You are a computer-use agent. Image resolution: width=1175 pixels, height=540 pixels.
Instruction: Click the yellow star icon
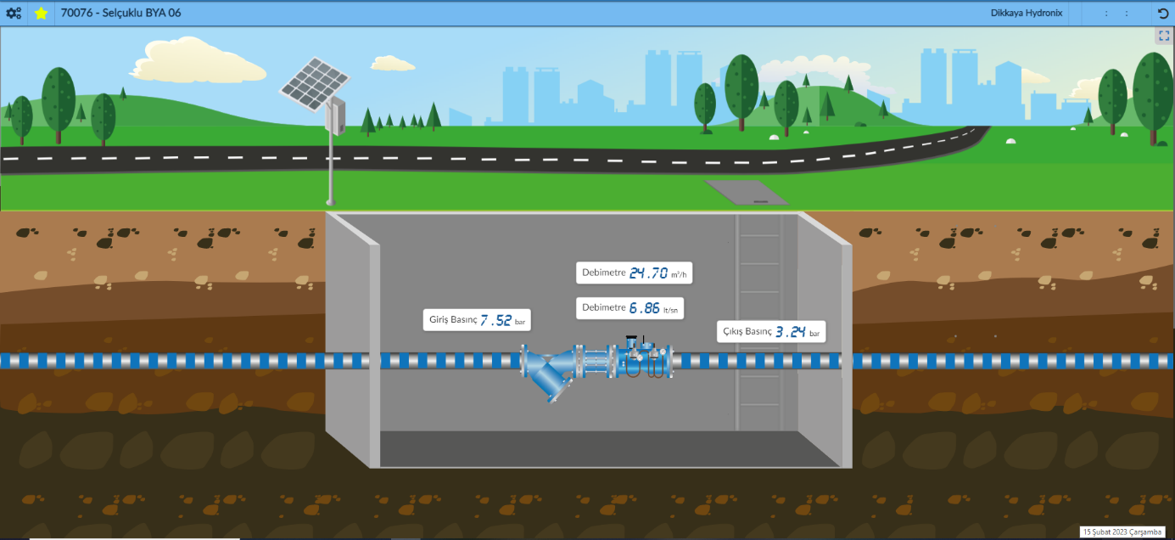coord(41,14)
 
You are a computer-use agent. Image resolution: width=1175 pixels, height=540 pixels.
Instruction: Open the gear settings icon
coord(14,14)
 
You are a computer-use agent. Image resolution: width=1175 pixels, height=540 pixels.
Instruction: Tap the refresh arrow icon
coord(1163,14)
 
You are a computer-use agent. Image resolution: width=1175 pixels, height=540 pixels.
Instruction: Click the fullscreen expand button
coord(1163,36)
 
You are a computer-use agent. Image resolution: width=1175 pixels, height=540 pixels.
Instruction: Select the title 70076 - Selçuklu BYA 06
coord(120,14)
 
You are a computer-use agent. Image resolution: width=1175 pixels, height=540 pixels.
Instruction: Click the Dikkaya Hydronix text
coord(1027,14)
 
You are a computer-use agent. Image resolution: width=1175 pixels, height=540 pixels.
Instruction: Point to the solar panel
coord(315,79)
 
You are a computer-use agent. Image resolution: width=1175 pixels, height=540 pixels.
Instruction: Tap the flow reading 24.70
coord(648,273)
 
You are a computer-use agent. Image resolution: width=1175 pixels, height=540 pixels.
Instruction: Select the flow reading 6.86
coord(644,308)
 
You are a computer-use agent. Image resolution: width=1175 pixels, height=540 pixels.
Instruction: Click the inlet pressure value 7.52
coord(496,320)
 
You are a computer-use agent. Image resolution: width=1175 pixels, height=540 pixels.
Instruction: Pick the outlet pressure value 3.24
coord(790,331)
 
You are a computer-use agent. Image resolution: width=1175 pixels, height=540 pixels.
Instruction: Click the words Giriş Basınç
coord(453,320)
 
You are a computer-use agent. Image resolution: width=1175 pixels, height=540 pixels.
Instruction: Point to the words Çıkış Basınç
coord(747,331)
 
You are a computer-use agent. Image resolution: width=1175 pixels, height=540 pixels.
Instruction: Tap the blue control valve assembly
coord(636,361)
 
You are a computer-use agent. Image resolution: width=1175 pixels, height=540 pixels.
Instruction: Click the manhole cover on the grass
coord(745,192)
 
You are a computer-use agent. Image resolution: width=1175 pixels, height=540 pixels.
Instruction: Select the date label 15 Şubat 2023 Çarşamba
coord(1122,532)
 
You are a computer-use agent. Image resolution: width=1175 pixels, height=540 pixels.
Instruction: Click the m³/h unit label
coord(679,274)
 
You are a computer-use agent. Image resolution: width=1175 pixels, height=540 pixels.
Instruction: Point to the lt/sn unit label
coord(671,310)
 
